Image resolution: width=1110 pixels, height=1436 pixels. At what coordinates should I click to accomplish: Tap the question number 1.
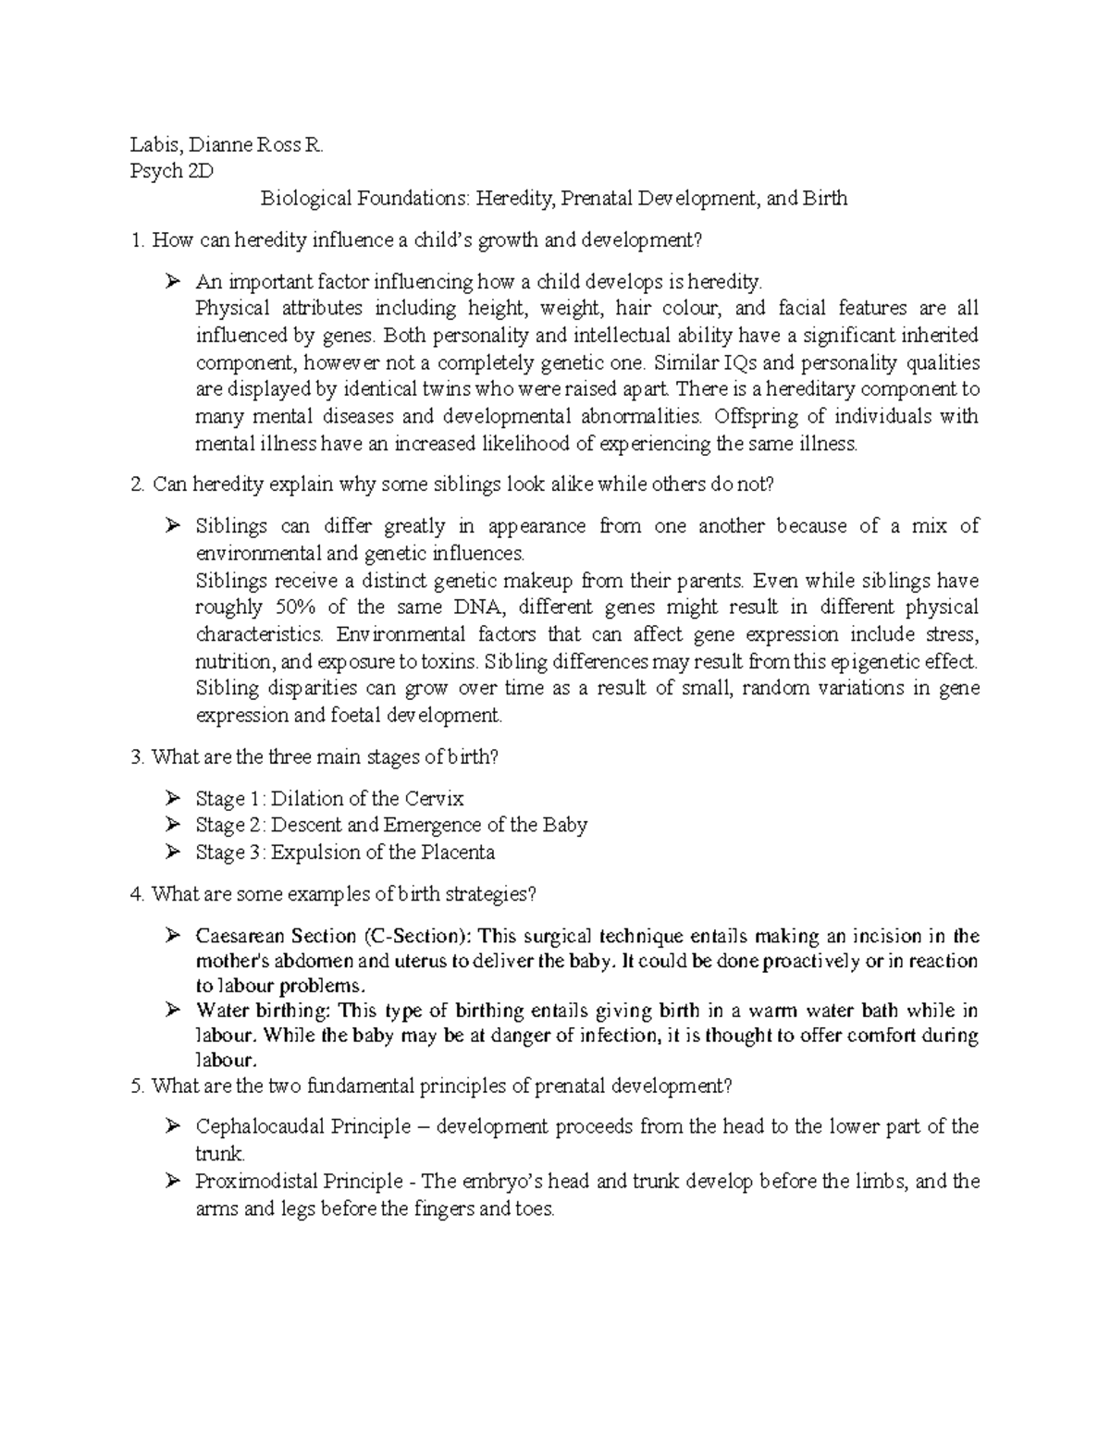pyautogui.click(x=137, y=241)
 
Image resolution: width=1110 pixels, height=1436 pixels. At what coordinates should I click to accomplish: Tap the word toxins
pyautogui.click(x=450, y=662)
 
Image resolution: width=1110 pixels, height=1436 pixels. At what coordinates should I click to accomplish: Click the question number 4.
pyautogui.click(x=137, y=894)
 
